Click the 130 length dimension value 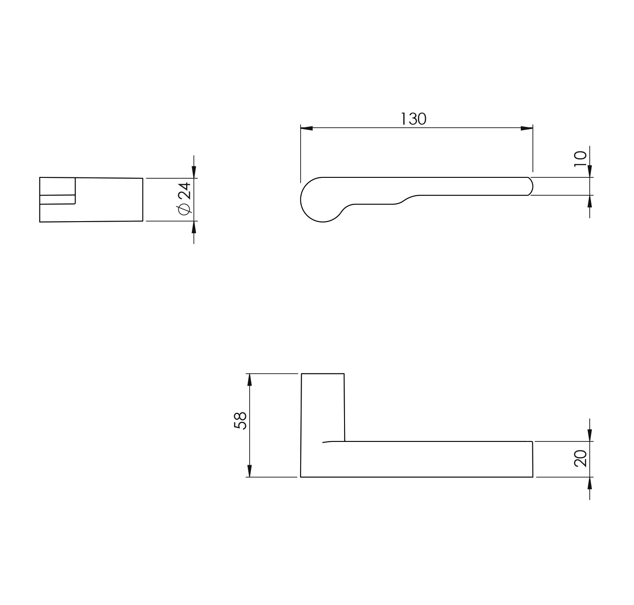413,119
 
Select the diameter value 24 184,190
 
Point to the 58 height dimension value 240,421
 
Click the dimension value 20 580,458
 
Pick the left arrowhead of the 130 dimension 306,128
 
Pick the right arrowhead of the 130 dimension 527,128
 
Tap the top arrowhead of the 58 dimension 250,379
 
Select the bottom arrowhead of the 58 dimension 250,471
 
